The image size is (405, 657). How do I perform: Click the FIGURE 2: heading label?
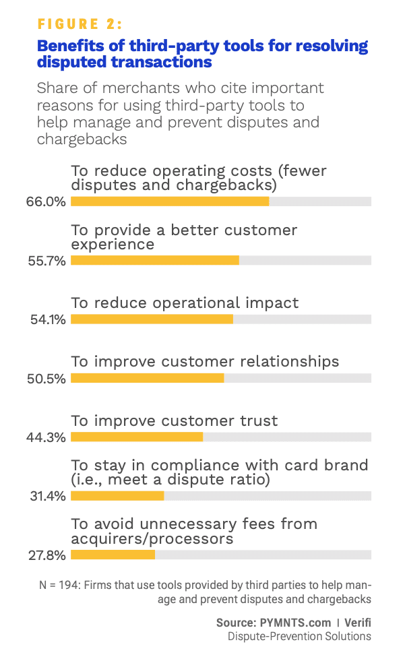[x=80, y=25]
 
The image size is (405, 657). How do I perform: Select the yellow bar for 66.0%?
[x=170, y=201]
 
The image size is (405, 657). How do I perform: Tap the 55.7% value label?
[x=51, y=261]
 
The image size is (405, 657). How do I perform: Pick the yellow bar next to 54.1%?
[x=152, y=319]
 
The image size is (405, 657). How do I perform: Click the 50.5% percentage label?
[x=51, y=378]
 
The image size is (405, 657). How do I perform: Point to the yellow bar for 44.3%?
[x=137, y=437]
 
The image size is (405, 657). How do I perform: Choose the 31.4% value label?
[x=51, y=496]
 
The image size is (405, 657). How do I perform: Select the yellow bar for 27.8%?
[x=113, y=555]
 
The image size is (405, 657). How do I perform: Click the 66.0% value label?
[x=51, y=201]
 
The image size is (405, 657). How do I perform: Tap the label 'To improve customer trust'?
[x=174, y=421]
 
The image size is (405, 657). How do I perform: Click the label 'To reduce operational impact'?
[x=185, y=303]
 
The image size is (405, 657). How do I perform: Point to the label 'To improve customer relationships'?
[x=205, y=362]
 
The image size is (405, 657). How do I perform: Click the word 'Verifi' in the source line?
[x=356, y=623]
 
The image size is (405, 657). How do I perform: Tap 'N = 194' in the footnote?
[x=57, y=586]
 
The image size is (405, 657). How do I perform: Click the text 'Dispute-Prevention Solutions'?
[x=299, y=636]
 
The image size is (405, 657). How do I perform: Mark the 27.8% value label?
[x=51, y=555]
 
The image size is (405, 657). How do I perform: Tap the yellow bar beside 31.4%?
[x=117, y=496]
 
